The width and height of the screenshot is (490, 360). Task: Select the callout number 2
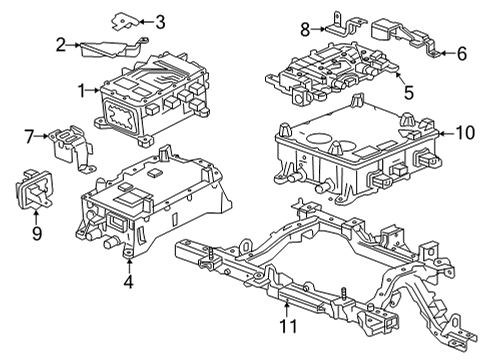coord(61,44)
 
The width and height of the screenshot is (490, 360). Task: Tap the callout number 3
coord(160,20)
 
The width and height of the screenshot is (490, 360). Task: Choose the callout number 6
coord(461,52)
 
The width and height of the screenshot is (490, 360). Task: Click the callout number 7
coord(29,133)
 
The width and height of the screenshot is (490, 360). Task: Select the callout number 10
coord(462,131)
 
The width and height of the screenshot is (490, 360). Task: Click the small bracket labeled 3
coord(125,20)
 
